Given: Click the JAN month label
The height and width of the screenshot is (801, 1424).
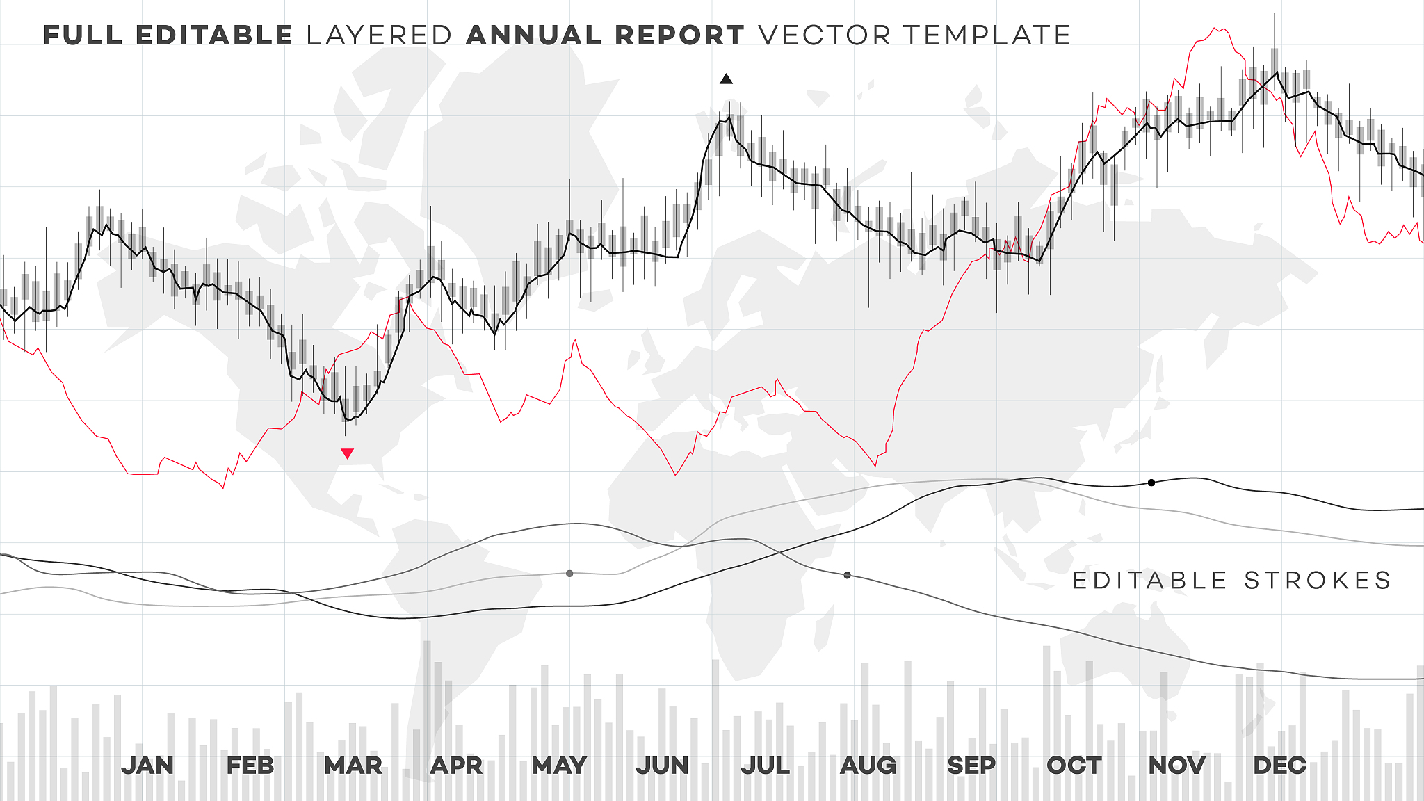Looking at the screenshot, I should [147, 766].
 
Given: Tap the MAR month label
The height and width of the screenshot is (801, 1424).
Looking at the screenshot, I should [353, 766].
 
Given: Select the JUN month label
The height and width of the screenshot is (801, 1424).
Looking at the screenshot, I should [662, 766].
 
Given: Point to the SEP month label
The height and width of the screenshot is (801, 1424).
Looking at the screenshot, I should [971, 766].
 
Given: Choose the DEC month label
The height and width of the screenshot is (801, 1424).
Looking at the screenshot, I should [1279, 766].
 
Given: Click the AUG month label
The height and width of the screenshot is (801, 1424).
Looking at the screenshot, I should [868, 766].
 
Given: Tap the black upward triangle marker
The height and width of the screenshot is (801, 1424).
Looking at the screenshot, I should [726, 79].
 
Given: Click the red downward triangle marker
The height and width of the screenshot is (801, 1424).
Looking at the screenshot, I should [348, 454].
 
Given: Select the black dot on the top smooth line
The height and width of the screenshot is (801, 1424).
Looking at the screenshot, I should [1151, 483].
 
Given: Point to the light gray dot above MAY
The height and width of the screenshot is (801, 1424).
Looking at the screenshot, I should [569, 574].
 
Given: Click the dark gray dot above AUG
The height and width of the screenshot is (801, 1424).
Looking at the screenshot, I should [847, 576].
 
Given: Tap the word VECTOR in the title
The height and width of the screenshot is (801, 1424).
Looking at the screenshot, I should [825, 35].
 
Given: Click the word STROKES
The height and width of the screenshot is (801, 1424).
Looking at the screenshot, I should [1318, 581].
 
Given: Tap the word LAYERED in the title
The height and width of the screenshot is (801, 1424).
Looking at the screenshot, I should [380, 35].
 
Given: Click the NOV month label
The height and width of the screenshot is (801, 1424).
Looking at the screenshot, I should [1176, 766].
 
